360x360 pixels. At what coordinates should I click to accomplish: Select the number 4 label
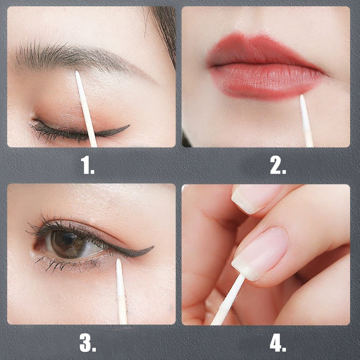point(278,343)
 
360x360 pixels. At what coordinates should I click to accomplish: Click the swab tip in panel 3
point(119,263)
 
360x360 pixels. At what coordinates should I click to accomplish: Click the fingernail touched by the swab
point(261,252)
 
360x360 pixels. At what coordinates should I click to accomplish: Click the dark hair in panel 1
point(164,27)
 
